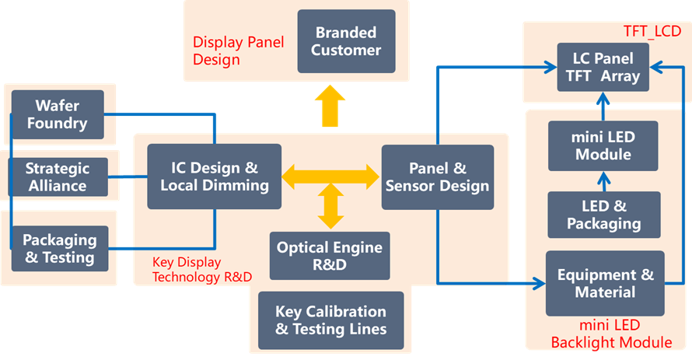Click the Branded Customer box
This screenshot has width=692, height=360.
(x=346, y=41)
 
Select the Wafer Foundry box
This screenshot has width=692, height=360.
(x=57, y=114)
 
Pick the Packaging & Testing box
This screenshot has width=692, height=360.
(x=59, y=248)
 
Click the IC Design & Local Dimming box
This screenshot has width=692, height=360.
(x=215, y=177)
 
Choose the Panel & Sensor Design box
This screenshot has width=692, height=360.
(x=438, y=177)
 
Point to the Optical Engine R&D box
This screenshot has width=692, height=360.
(x=330, y=256)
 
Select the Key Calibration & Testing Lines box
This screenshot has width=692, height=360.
(x=330, y=320)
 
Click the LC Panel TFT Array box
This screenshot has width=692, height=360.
(x=604, y=68)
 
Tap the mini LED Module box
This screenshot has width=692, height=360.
(x=603, y=145)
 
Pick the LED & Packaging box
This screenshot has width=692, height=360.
(x=604, y=215)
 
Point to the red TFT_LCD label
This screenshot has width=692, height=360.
(x=652, y=32)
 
